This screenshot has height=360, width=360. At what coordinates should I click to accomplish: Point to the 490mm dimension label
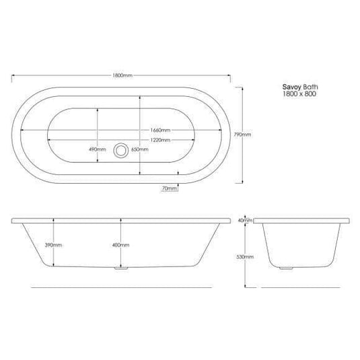[98, 149]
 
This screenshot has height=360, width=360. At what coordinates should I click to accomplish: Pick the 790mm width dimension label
[243, 135]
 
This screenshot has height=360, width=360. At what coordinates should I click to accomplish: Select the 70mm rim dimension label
[170, 189]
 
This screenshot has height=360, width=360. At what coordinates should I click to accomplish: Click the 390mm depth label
[52, 245]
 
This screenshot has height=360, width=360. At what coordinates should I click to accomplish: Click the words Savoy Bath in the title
[297, 87]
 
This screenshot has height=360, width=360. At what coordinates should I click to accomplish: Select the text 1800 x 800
[297, 94]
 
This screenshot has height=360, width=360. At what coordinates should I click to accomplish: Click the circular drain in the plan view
[121, 149]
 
